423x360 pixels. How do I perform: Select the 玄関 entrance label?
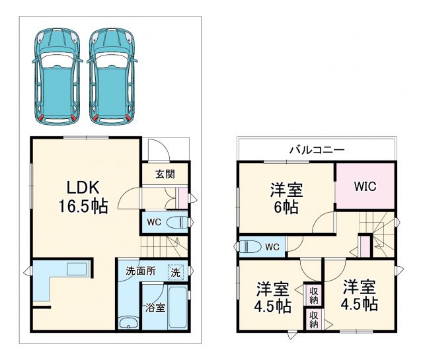pos(165,175)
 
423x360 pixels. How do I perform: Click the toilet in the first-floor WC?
pos(175,221)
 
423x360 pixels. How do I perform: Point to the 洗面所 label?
pos(140,270)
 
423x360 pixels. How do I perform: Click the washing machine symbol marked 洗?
pos(175,271)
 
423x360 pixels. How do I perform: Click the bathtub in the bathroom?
pos(178,307)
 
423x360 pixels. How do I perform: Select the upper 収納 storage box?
pos(313,295)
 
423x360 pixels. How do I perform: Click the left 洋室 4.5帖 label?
pos(273,297)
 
